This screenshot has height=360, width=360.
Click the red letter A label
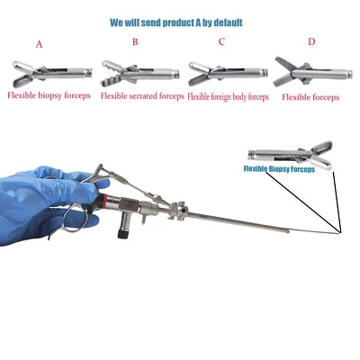(39, 44)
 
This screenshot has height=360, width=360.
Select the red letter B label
(135, 41)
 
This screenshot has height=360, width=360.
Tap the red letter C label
(221, 41)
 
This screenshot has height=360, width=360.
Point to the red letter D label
(311, 41)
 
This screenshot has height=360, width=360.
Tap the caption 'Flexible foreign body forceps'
(228, 95)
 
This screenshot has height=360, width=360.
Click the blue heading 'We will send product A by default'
(180, 21)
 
